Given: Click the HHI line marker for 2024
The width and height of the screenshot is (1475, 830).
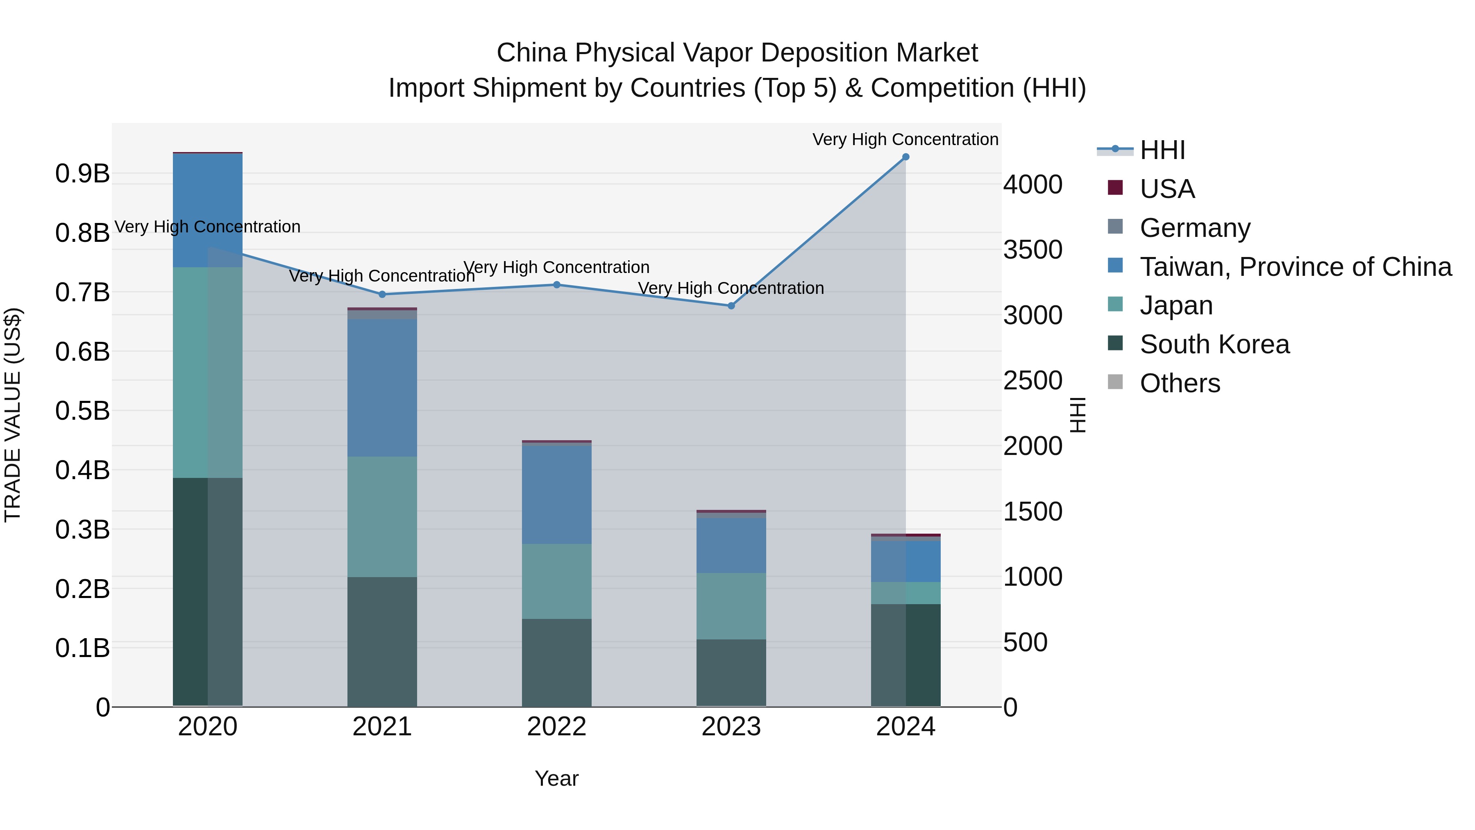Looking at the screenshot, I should tap(905, 157).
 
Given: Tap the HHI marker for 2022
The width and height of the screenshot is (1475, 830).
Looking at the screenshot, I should tap(556, 285).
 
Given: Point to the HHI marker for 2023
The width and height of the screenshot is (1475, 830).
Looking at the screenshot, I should tap(731, 306).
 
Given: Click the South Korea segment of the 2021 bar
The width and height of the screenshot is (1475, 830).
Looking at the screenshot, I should tap(382, 641).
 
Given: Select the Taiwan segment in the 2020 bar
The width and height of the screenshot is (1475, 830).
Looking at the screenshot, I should tap(207, 210).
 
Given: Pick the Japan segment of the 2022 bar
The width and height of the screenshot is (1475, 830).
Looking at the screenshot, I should tap(556, 581).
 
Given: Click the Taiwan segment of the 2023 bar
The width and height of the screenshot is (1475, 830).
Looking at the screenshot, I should tap(731, 545).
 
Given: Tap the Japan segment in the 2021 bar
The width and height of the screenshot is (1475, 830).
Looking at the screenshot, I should tap(382, 517).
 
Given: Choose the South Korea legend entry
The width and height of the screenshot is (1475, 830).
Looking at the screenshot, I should tap(1214, 344).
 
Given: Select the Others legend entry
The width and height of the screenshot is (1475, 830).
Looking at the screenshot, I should tap(1180, 383).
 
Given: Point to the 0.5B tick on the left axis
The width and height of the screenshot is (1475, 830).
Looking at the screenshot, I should tap(82, 411).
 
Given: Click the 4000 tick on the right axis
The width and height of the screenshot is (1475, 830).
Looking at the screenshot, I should tap(1033, 184).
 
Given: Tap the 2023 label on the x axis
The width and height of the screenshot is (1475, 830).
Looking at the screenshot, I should tap(731, 727).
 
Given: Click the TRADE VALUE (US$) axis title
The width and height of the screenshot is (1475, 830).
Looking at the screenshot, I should tap(13, 415).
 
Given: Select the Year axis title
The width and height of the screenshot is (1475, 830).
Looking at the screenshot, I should tap(556, 778).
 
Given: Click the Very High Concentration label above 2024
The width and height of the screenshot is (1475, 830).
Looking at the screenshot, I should tap(905, 139).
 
